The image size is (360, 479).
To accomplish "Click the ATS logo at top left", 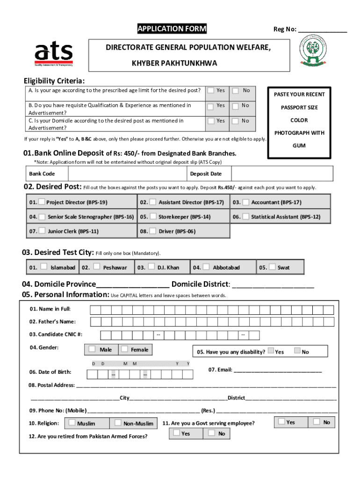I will pyautogui.click(x=54, y=54).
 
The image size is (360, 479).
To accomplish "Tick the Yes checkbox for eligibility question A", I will pyautogui.click(x=211, y=90).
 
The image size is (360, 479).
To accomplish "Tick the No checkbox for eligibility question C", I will pyautogui.click(x=237, y=121).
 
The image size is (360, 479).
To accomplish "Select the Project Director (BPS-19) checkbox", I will pyautogui.click(x=42, y=202).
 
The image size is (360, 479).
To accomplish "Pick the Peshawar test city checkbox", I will pyautogui.click(x=97, y=267).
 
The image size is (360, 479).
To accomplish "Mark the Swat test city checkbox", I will pyautogui.click(x=272, y=267).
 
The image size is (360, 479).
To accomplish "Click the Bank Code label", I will pyautogui.click(x=42, y=174).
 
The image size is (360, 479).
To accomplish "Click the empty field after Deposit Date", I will pyautogui.click(x=279, y=174).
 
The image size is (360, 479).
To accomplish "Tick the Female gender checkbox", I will pyautogui.click(x=124, y=349).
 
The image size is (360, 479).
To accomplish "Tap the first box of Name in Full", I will pyautogui.click(x=95, y=310).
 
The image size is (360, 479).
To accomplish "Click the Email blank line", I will pyautogui.click(x=277, y=370).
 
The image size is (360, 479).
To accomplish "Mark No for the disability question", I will pyautogui.click(x=297, y=351).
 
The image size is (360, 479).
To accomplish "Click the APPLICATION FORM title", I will pyautogui.click(x=172, y=29).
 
